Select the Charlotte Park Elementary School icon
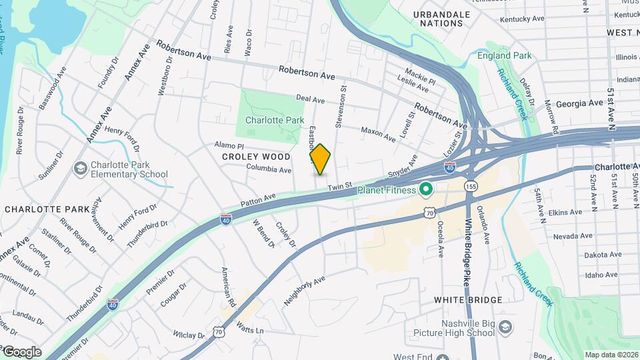81,168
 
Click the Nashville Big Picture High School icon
506,327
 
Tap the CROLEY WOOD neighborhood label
257,157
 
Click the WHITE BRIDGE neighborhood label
468,300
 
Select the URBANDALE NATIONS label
437,19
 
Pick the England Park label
505,55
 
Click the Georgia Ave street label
579,103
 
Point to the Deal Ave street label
310,99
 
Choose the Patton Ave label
259,199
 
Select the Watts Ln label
251,330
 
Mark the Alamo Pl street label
230,145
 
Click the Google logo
21,352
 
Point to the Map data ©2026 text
611,355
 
